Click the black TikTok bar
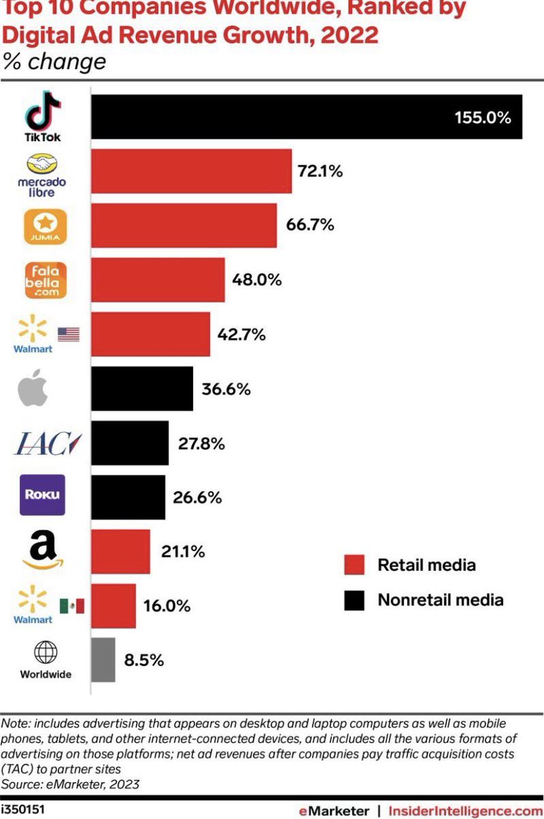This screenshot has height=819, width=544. pos(306,117)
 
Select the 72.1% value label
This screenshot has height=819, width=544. pos(319,171)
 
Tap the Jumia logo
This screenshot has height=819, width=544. pos(45,226)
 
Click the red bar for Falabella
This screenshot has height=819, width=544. pos(158,280)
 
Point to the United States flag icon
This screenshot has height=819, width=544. pos(68,334)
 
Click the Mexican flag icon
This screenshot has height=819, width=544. pos(72,605)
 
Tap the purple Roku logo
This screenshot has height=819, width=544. pos(42,495)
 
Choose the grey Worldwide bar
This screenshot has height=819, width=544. pos(103,660)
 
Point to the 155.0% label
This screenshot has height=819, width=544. pos(483,117)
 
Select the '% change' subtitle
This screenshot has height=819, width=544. pos(55,61)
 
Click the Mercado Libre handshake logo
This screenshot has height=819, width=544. pos(42,164)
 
